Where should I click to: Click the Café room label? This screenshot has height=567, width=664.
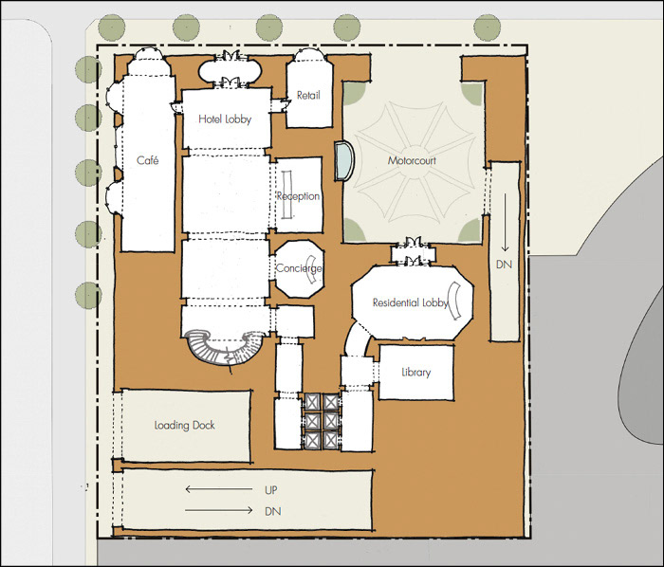tap(148, 160)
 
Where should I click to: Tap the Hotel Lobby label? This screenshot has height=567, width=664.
tap(225, 119)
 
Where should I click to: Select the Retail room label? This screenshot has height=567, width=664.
tap(308, 95)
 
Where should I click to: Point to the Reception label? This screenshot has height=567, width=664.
tap(298, 196)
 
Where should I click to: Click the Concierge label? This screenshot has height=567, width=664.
tap(299, 268)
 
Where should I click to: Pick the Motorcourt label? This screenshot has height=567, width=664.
tap(412, 160)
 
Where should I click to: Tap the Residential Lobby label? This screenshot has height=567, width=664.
tap(411, 302)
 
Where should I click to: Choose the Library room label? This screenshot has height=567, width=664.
tap(415, 373)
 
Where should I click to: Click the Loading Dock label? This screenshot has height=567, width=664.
tap(184, 425)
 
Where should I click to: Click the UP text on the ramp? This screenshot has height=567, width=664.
tap(271, 490)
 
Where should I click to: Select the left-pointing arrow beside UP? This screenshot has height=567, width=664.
tap(219, 489)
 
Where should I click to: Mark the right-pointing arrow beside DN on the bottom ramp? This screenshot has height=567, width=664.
tap(219, 510)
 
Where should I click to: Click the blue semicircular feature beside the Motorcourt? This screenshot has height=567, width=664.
tap(344, 161)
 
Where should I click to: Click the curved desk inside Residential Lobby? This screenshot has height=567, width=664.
tap(456, 301)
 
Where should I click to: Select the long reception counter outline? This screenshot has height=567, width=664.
tap(287, 194)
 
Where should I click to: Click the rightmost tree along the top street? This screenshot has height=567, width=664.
tap(488, 27)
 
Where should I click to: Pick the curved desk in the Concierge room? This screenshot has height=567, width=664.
tap(312, 270)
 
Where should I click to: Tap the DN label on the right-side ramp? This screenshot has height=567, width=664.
tap(504, 265)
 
